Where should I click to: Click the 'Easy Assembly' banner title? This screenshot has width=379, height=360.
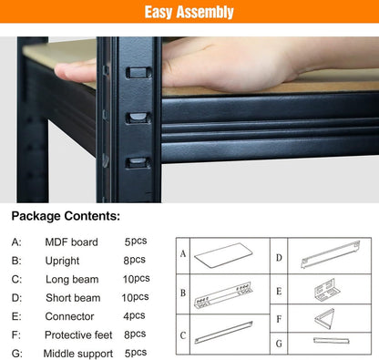coord(189,13)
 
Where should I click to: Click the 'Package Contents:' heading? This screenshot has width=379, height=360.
coord(66,217)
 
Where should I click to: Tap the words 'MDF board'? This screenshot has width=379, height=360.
coord(72,242)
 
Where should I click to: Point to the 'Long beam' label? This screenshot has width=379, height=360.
coord(71,279)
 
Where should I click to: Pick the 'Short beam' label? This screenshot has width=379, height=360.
coord(73,298)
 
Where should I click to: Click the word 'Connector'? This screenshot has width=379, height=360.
coord(69,316)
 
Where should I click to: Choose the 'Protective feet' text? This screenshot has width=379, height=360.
coord(82,334)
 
